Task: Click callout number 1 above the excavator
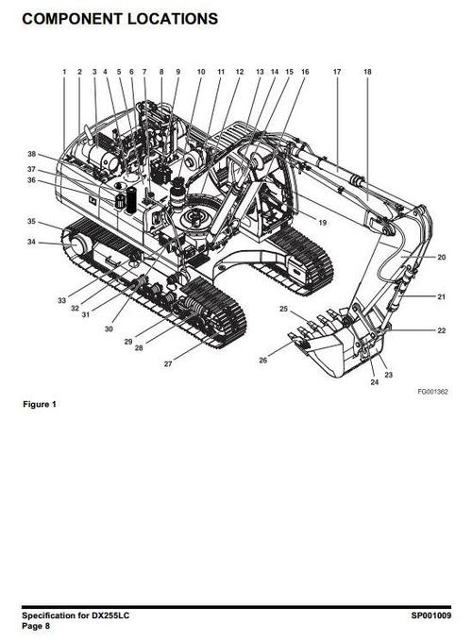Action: point(64,72)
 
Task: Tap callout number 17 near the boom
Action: point(337,72)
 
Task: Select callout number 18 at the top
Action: point(367,72)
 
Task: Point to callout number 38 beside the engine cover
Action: point(32,154)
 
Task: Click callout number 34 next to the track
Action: point(31,242)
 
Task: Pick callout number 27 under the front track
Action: point(168,363)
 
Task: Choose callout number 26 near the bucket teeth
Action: point(263,360)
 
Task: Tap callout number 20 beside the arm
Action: point(442,257)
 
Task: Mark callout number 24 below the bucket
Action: point(375,382)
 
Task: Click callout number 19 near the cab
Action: point(323,223)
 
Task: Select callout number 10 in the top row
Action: point(201,72)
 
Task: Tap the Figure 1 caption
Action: point(40,404)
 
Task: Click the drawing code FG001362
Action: point(432,392)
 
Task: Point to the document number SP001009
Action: point(431,615)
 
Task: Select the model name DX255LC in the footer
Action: point(111,615)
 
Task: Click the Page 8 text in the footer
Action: point(36,626)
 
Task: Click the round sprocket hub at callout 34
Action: point(79,244)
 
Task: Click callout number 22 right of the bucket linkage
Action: point(442,330)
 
